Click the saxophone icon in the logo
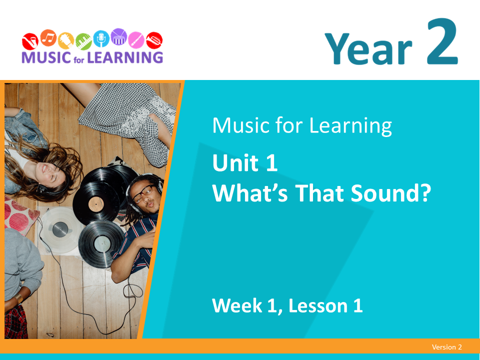(30, 41)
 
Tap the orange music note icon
(48, 38)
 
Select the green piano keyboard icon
(83, 41)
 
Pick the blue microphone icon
(101, 38)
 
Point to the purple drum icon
(119, 36)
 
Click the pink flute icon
(136, 40)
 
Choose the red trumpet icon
(154, 40)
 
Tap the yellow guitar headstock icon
(66, 40)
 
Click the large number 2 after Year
(442, 41)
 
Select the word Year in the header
(368, 49)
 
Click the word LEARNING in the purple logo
(125, 57)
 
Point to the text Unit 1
(245, 163)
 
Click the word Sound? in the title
(391, 193)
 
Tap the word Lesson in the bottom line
(318, 305)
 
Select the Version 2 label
(446, 347)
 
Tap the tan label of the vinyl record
(96, 204)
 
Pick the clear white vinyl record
(60, 229)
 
